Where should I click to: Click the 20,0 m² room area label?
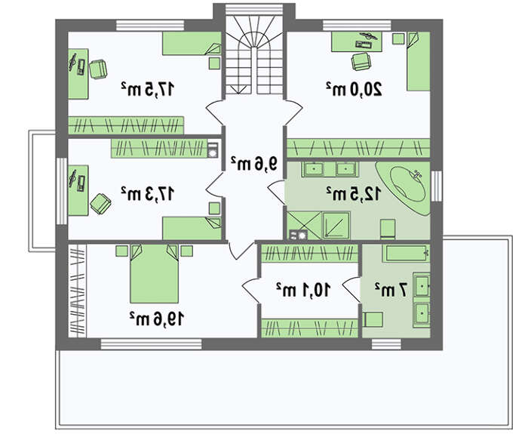(354, 89)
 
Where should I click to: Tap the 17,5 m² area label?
(148, 89)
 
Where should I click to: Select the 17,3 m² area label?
(148, 193)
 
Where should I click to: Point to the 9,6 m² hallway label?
(254, 164)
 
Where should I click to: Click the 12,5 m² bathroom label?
(354, 193)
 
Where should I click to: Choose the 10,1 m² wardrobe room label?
(303, 289)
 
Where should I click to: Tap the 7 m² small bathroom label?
(391, 289)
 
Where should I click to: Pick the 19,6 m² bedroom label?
(157, 319)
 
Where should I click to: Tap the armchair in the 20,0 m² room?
(361, 62)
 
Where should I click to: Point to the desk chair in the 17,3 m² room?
(100, 203)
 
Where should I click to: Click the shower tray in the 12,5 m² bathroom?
(336, 225)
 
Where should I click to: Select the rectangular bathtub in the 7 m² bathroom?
(406, 254)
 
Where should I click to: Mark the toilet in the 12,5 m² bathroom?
(388, 229)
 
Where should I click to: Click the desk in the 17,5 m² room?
(78, 74)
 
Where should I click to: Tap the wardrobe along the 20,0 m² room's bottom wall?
(358, 148)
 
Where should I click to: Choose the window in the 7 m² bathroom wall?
(386, 344)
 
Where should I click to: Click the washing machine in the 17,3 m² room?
(213, 150)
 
